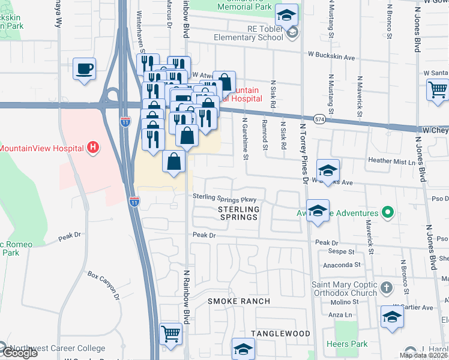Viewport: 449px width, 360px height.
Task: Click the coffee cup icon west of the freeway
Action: pos(85,68)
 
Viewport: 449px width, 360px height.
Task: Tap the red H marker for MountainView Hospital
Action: pos(92,147)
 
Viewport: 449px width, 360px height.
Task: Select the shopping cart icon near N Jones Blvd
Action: pos(438,90)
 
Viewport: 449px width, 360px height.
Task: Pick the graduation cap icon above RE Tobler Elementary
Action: pos(287,14)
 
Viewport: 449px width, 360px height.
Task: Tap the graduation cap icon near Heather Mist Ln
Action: pos(328,170)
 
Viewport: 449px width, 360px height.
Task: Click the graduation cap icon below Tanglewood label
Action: pos(243,348)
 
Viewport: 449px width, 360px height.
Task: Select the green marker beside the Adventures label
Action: pos(388,213)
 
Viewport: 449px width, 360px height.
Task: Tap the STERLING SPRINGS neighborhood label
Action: pos(238,213)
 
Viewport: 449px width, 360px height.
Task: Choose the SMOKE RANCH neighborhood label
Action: pos(239,301)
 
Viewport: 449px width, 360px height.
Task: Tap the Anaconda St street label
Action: pos(340,264)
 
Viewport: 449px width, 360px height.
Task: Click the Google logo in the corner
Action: pos(19,353)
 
